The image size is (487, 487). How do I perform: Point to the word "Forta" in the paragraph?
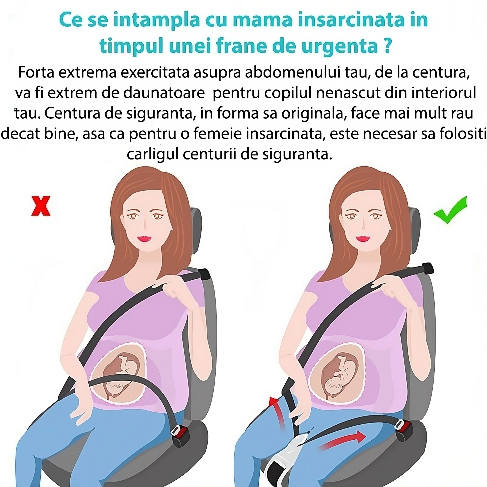click(36, 73)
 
